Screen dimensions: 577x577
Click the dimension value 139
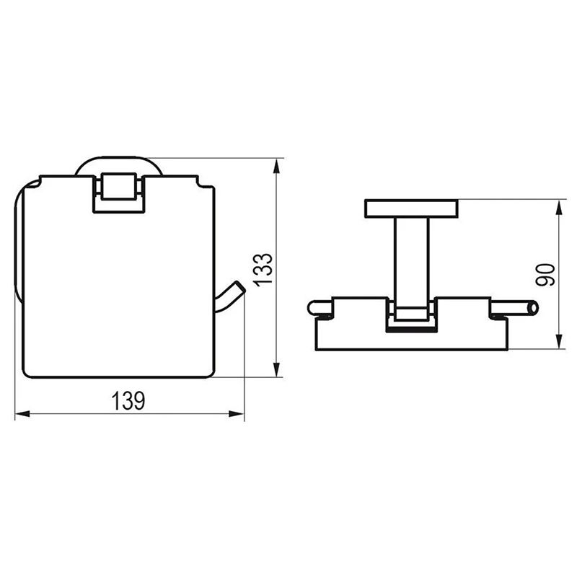(128, 401)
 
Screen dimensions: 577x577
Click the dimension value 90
(545, 275)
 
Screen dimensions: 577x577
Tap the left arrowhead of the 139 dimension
(22, 414)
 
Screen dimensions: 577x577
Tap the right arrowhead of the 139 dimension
(237, 414)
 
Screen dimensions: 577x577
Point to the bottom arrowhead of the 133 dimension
(277, 369)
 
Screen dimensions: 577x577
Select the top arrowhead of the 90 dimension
(560, 207)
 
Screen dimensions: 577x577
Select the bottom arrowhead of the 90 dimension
(560, 341)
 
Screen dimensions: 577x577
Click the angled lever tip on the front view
(239, 286)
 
